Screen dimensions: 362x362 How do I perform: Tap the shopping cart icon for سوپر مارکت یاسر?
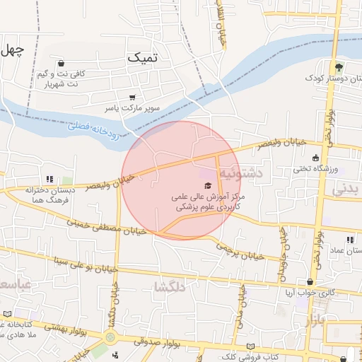coord(132,98)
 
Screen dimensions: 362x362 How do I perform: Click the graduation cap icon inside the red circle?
coord(206,185)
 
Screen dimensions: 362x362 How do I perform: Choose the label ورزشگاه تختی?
coord(317,170)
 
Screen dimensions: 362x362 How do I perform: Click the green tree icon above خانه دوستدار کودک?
coord(339,66)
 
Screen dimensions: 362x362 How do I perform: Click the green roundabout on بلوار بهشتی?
coord(110,337)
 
